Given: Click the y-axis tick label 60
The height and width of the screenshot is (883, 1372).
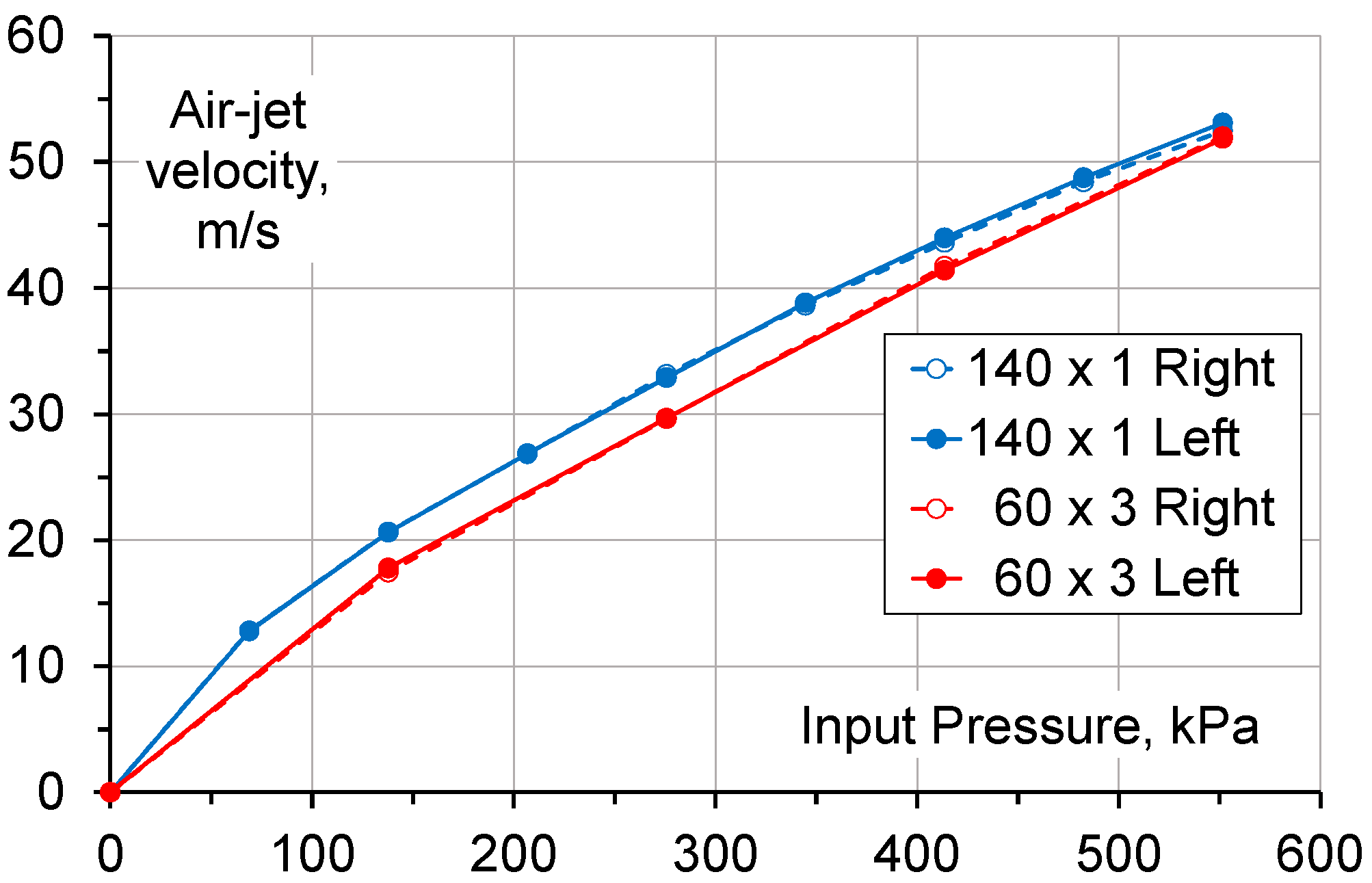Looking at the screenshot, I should pyautogui.click(x=36, y=36).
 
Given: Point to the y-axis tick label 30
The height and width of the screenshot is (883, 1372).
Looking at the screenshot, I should pyautogui.click(x=36, y=414).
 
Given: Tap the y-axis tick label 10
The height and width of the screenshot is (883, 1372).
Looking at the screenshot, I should pyautogui.click(x=36, y=667).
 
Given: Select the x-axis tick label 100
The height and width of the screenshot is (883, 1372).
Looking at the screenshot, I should pyautogui.click(x=313, y=854).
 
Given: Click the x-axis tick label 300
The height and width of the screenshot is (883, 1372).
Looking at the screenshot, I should pyautogui.click(x=715, y=854).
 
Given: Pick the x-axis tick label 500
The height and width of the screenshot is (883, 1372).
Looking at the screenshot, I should pyautogui.click(x=1119, y=854).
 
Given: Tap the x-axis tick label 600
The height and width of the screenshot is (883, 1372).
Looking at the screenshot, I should pyautogui.click(x=1319, y=854).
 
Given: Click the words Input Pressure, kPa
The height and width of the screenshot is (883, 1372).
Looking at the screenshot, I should pyautogui.click(x=1029, y=726).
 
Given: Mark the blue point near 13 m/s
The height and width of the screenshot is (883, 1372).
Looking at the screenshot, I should pyautogui.click(x=249, y=631).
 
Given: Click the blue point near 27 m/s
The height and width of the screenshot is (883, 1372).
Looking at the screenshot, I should pyautogui.click(x=527, y=453).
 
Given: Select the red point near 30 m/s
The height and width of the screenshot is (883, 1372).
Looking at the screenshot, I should pyautogui.click(x=666, y=418).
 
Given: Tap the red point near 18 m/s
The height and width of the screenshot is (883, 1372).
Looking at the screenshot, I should pyautogui.click(x=388, y=568).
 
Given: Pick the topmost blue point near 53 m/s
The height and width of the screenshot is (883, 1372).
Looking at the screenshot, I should pyautogui.click(x=1222, y=123).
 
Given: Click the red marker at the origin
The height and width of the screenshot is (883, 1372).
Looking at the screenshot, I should pyautogui.click(x=110, y=791).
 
